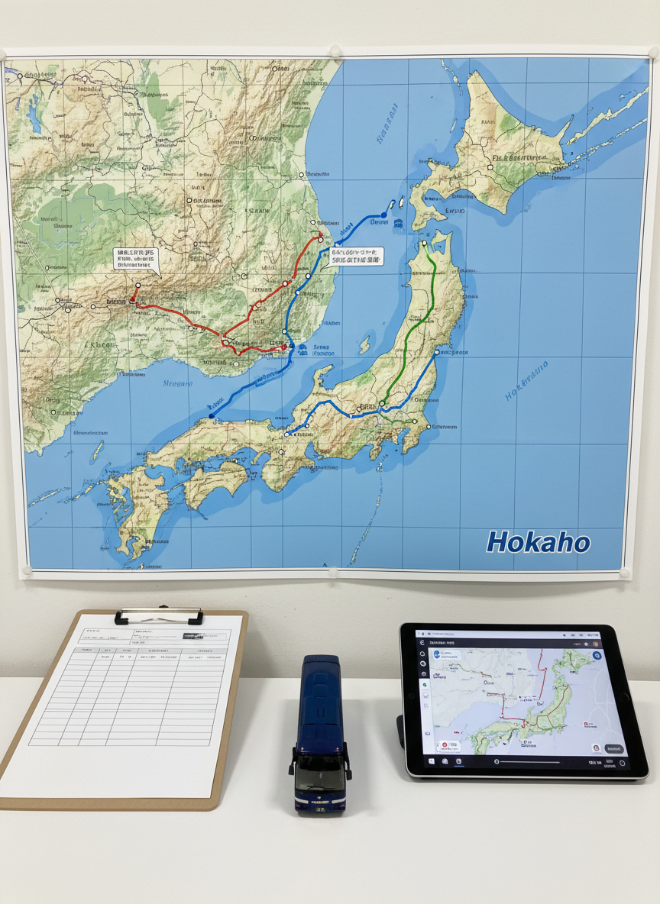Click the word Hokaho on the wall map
click(539, 543)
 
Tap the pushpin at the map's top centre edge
click(334, 51)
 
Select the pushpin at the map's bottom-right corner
click(624, 573)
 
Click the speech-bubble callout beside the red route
click(136, 260)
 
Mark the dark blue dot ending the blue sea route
click(212, 415)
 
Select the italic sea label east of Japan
click(526, 381)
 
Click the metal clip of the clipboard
click(159, 615)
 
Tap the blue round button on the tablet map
click(597, 656)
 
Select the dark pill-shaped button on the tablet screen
click(613, 749)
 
